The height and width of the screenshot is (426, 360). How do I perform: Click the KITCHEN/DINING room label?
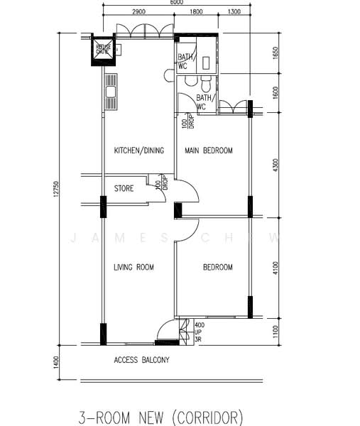pos(139,151)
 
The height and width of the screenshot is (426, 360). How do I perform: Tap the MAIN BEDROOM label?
pos(209,151)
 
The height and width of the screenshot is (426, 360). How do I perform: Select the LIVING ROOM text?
pos(134,267)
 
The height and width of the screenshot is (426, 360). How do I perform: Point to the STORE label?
pos(124,189)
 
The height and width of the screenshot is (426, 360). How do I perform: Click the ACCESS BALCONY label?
pos(141,360)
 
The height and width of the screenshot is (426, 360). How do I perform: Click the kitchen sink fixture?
pos(111,92)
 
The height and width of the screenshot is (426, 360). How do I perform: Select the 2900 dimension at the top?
pos(138,12)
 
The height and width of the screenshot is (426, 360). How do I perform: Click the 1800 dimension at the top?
pos(197,12)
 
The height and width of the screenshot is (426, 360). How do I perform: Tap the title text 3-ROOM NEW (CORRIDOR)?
pos(161,415)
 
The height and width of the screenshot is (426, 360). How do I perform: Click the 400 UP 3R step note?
pos(199,330)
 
